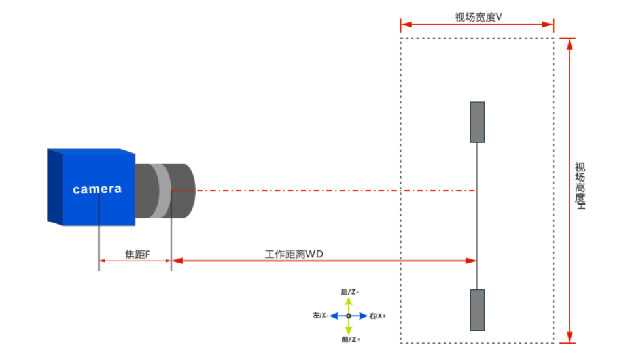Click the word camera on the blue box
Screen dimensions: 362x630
click(97, 189)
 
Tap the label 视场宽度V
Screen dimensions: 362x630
click(478, 17)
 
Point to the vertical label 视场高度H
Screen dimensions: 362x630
click(580, 186)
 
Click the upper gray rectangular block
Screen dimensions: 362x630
click(478, 122)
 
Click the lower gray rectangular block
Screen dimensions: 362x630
click(478, 310)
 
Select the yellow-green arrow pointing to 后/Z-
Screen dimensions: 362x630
click(349, 304)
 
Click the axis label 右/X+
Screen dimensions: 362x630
click(378, 316)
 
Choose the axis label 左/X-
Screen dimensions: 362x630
click(320, 316)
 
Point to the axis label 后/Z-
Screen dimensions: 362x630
click(349, 291)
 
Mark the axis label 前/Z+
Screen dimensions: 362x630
click(351, 340)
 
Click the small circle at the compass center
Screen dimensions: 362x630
click(349, 316)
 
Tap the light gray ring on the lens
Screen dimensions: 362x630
click(161, 190)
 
